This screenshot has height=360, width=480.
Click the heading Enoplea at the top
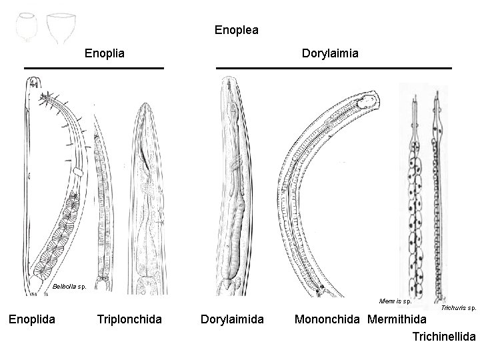coord(236,30)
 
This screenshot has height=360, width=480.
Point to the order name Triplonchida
coord(129,319)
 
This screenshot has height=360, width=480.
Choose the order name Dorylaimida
coord(232,319)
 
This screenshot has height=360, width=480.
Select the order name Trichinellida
coord(444,338)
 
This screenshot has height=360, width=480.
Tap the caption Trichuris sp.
coord(459,308)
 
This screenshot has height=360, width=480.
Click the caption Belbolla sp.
coord(69,287)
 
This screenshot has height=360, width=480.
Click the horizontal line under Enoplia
coord(94,68)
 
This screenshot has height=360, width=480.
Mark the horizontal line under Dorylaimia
coord(334,68)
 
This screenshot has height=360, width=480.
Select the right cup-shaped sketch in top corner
coord(61,27)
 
